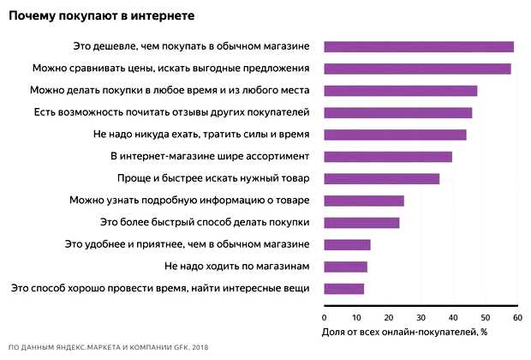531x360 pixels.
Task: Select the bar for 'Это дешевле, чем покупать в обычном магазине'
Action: (419, 46)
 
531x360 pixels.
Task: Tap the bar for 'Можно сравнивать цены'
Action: (417, 68)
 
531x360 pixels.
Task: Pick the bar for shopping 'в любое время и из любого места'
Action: (400, 90)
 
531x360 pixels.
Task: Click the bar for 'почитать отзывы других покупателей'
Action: (397, 112)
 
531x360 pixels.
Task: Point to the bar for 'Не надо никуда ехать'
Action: (395, 135)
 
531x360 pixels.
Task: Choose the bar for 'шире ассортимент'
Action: (387, 156)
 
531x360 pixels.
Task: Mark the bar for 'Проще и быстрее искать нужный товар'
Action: (381, 178)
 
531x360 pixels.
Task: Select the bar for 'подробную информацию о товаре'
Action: (363, 201)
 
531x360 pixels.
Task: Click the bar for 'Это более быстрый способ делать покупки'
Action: (361, 223)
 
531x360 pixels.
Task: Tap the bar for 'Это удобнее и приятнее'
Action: (347, 244)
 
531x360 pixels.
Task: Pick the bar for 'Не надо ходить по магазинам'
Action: (345, 267)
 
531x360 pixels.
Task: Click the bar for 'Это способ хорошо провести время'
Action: (343, 288)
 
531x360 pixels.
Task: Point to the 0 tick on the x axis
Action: (325, 317)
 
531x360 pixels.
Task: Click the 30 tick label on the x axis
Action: (421, 317)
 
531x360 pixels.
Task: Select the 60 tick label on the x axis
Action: (517, 317)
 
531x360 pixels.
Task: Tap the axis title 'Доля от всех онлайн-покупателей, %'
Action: (404, 331)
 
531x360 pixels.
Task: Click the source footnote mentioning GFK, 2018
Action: (108, 348)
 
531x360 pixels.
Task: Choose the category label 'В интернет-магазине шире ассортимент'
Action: (210, 156)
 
